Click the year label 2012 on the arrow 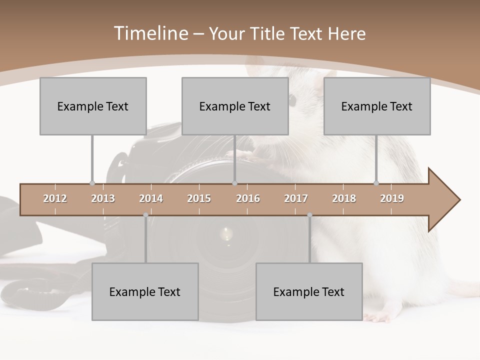[x=55, y=198]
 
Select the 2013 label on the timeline [x=103, y=198]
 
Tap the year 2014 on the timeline [x=151, y=198]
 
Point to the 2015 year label [x=199, y=198]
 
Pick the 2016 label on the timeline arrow [x=248, y=198]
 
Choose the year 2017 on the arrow [x=296, y=198]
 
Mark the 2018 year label [x=344, y=198]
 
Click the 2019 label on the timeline [x=392, y=198]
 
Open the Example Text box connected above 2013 [x=93, y=106]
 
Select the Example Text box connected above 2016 [x=235, y=106]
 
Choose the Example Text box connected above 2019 [x=377, y=106]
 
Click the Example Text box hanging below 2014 [x=145, y=291]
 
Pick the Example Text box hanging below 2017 [x=309, y=291]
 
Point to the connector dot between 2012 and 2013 [x=92, y=183]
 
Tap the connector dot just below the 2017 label [x=309, y=215]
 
